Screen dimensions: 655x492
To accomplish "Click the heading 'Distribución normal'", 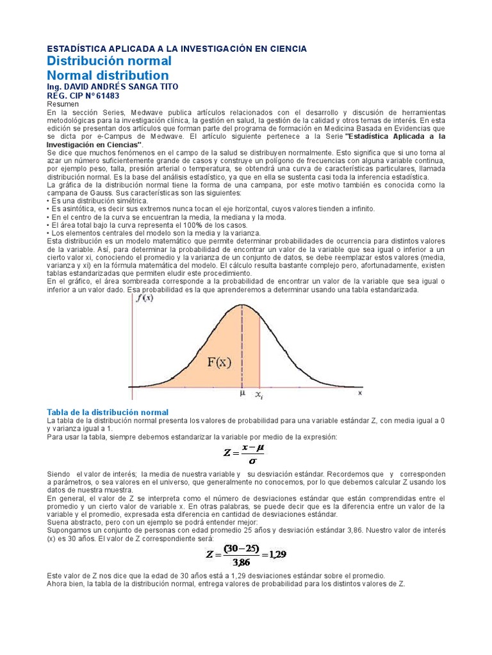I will (110, 61).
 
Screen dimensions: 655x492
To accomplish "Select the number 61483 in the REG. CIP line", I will (106, 95).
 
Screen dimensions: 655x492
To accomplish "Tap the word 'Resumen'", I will (63, 104).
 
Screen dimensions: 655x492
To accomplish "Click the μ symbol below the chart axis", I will (242, 394).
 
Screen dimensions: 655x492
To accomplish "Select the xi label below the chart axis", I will (259, 395).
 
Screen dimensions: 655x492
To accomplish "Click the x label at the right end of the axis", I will (359, 393).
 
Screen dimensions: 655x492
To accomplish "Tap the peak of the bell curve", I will (242, 305).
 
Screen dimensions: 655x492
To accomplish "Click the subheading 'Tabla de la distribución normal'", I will (108, 413).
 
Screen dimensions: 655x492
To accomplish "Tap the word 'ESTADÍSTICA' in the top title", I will (76, 49).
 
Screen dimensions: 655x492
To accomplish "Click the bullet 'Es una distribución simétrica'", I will (99, 201).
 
